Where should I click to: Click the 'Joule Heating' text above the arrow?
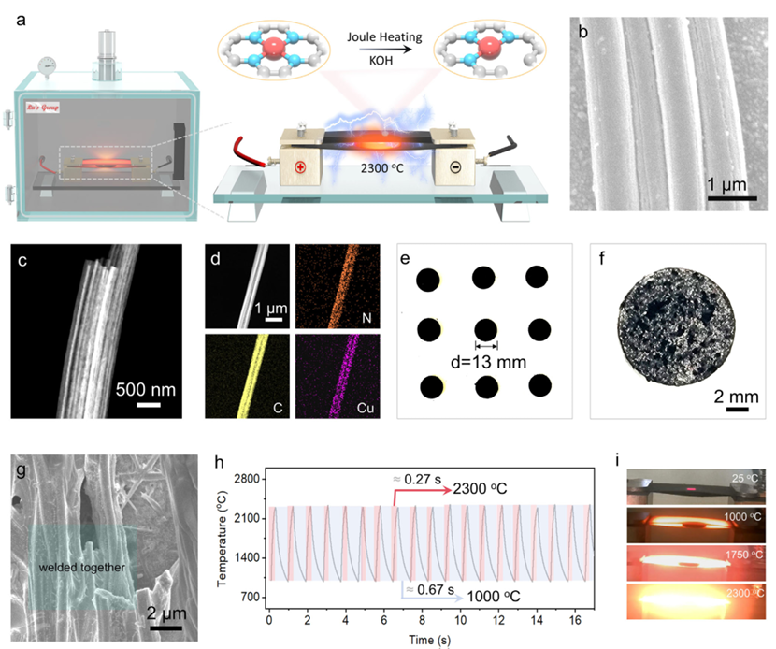[385, 38]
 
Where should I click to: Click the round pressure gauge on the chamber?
[45, 65]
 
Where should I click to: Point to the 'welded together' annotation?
[81, 568]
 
